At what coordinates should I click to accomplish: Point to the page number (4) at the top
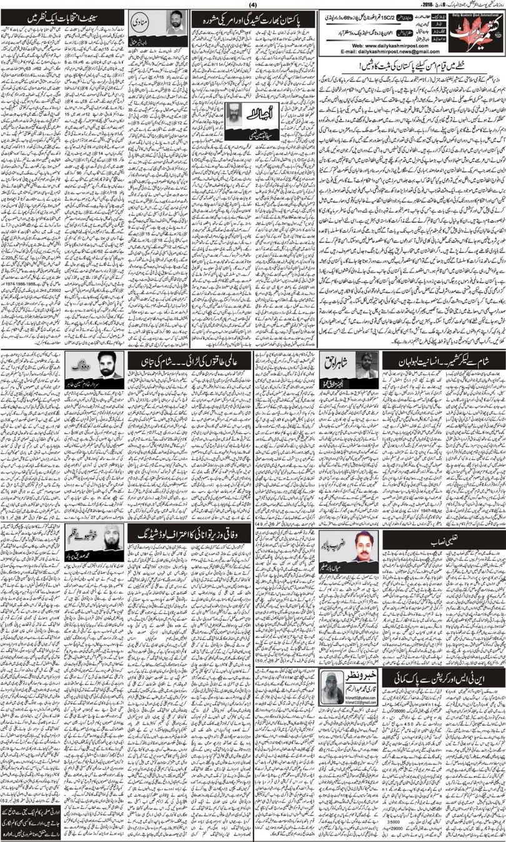[x=253, y=6]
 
